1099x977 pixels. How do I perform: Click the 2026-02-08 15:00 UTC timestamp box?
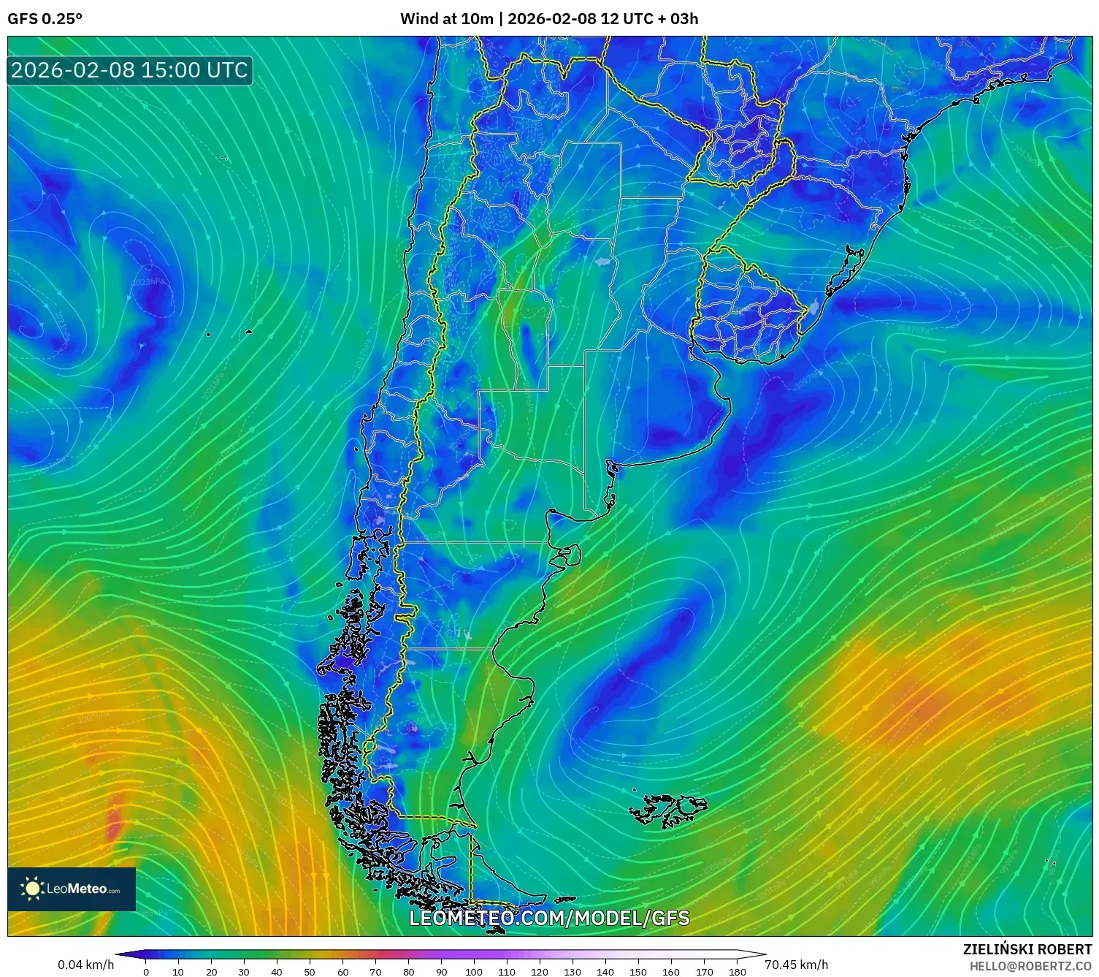point(129,70)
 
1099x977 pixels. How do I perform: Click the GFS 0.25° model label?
point(45,19)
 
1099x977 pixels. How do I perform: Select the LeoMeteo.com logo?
point(72,889)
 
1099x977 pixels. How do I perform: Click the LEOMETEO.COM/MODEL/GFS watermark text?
point(548,918)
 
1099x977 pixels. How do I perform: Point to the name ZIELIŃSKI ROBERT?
point(1027,949)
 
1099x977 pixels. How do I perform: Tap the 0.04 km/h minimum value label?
point(85,965)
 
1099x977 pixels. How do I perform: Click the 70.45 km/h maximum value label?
point(796,965)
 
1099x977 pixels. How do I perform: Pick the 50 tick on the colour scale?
point(310,972)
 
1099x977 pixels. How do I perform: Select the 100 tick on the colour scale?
point(474,972)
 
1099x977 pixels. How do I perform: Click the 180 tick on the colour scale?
point(737,972)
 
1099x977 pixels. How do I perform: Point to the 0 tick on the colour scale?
point(146,972)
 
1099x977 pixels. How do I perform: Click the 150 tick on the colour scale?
point(638,972)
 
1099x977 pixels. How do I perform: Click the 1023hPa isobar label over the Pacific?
point(148,282)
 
